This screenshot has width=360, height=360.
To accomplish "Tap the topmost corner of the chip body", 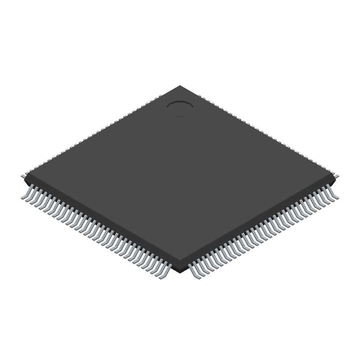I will point(180,86).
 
